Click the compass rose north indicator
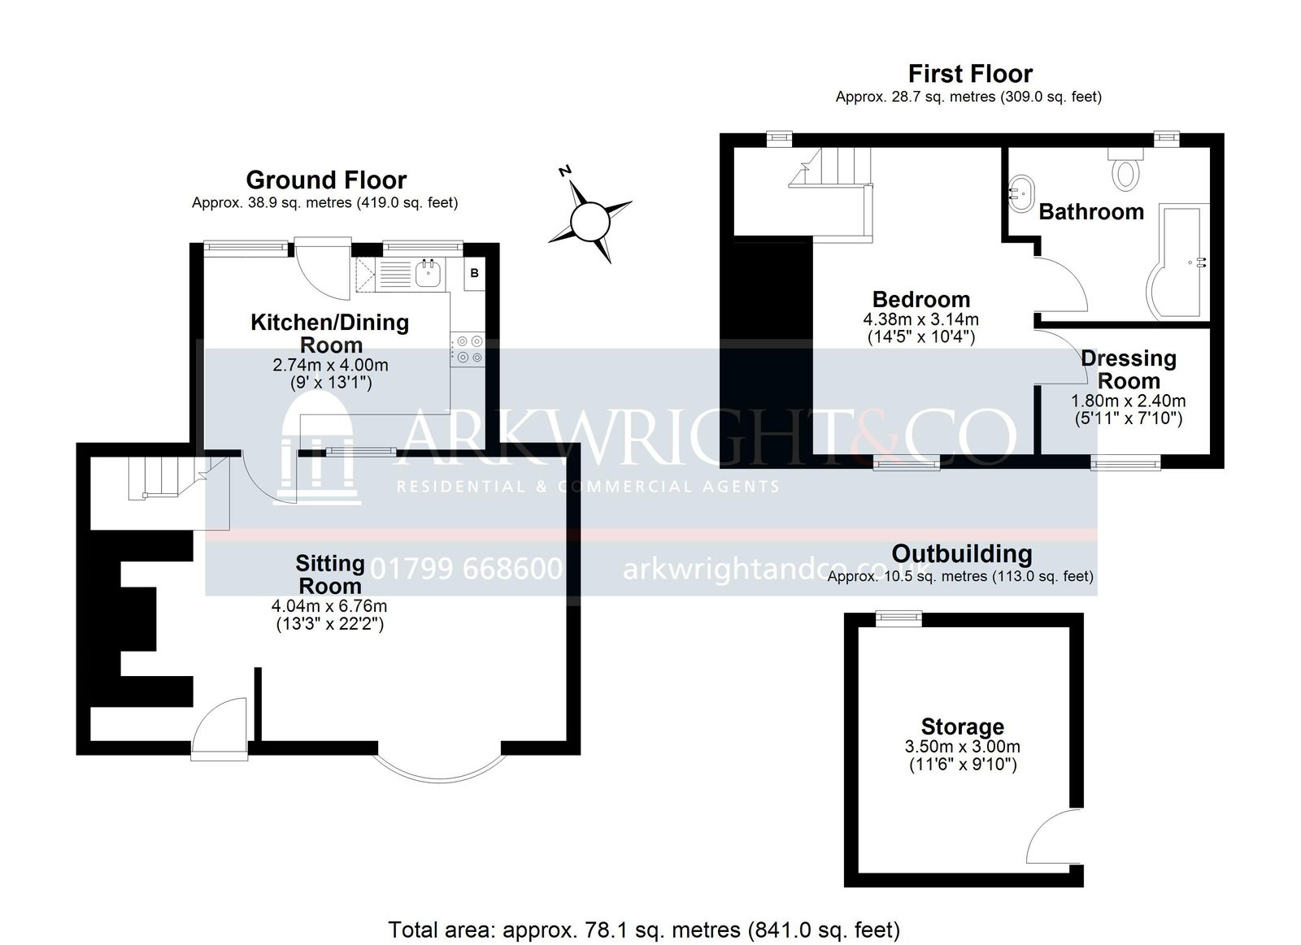590,220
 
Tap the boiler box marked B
475,273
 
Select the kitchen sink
429,272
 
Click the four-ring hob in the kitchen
469,349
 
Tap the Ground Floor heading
326,180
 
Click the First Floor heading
970,74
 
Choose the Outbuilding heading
962,553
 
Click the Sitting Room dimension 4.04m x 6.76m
329,606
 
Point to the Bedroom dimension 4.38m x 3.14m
920,319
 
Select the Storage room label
963,726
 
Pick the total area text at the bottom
643,913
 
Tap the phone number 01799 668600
466,568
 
